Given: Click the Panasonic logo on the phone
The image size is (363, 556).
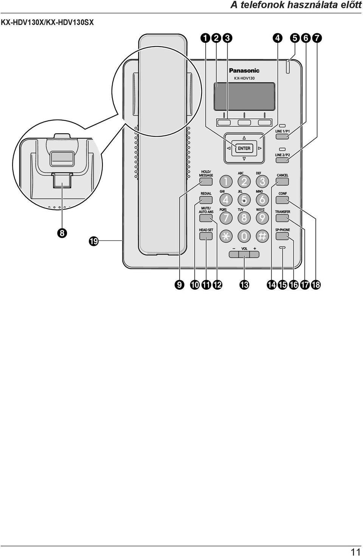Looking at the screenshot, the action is click(x=244, y=71).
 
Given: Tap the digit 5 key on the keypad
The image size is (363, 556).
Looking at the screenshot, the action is click(x=244, y=200).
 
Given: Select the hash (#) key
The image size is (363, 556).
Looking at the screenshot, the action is click(x=262, y=236).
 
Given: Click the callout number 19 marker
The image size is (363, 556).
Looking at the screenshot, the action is click(x=94, y=241).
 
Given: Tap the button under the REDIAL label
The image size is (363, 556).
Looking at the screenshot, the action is click(x=206, y=200).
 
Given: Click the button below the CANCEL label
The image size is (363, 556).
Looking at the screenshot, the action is click(x=282, y=182).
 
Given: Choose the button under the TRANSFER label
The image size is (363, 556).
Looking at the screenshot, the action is click(x=282, y=219).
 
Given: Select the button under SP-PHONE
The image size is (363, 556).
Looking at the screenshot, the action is click(x=282, y=237).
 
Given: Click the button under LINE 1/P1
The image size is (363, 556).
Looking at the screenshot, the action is click(x=282, y=136).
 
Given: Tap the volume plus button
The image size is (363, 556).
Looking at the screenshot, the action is click(x=254, y=255).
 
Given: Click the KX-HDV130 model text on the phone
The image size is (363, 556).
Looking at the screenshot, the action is click(x=244, y=78).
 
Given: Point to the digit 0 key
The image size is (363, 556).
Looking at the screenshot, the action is click(x=244, y=236).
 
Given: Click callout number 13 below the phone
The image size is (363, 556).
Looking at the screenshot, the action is click(x=244, y=285).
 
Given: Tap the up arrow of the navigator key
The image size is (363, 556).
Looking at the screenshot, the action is click(x=244, y=138).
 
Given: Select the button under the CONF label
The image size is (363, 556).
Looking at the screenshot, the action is click(x=282, y=200).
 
